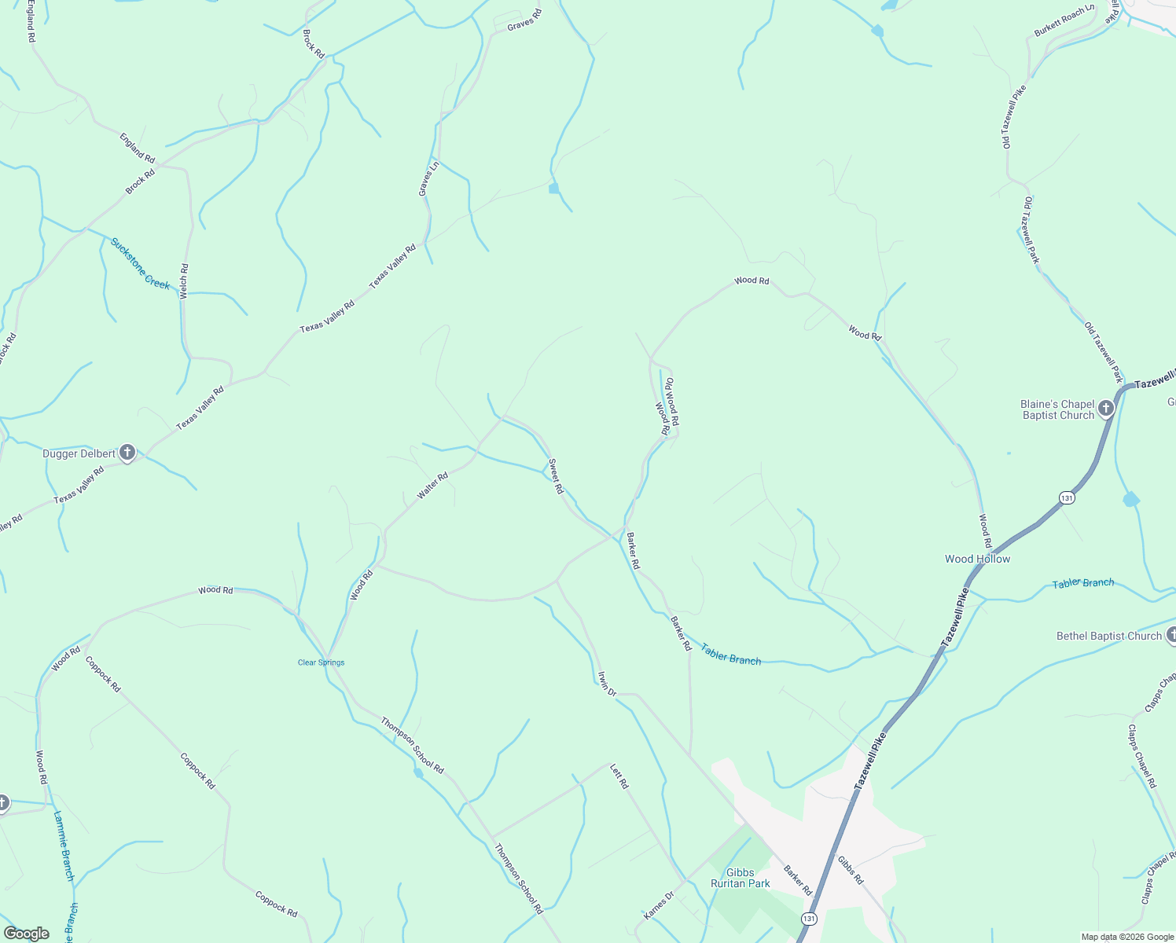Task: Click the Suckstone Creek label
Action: [140, 263]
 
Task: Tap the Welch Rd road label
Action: [184, 281]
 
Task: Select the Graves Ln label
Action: [428, 178]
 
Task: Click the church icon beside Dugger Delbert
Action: [127, 453]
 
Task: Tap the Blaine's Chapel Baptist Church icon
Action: [1106, 409]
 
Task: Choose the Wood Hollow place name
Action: [977, 559]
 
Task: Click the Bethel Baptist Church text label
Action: [1108, 636]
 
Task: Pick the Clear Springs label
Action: [321, 662]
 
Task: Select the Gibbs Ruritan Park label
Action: [740, 878]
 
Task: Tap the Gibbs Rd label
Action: [851, 870]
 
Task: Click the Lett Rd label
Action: [619, 776]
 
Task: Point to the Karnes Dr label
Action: [659, 905]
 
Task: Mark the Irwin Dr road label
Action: [607, 683]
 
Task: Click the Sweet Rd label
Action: [556, 476]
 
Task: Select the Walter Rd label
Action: [432, 485]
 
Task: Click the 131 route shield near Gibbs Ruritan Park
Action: [810, 918]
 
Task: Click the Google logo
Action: [27, 934]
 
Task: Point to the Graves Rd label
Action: [524, 20]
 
